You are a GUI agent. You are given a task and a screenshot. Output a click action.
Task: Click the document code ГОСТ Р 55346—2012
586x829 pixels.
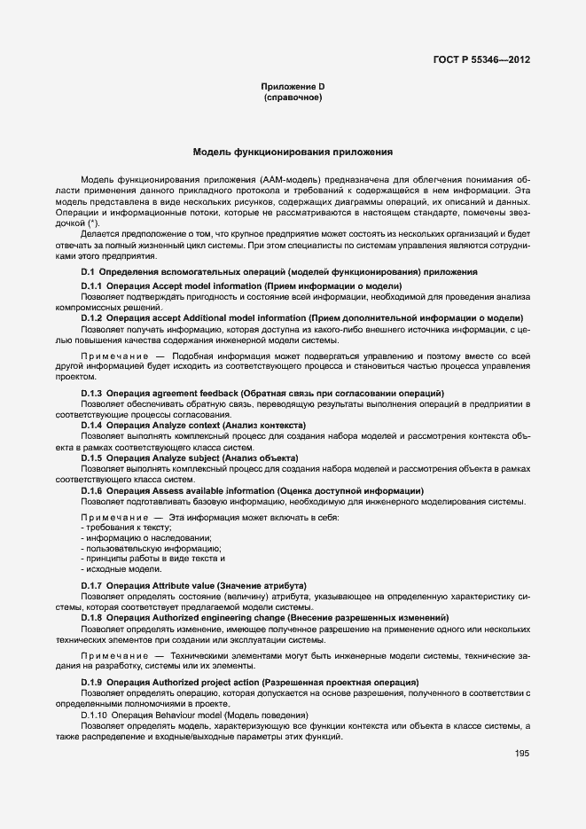click(x=482, y=60)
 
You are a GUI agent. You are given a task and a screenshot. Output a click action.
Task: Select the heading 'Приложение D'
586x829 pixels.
click(x=293, y=86)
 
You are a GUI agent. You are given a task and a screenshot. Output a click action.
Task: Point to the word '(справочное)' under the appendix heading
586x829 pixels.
click(x=293, y=97)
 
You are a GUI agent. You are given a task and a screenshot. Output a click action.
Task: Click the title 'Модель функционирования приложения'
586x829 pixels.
click(x=292, y=153)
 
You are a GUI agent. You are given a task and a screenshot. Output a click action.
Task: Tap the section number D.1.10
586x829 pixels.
click(x=94, y=715)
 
